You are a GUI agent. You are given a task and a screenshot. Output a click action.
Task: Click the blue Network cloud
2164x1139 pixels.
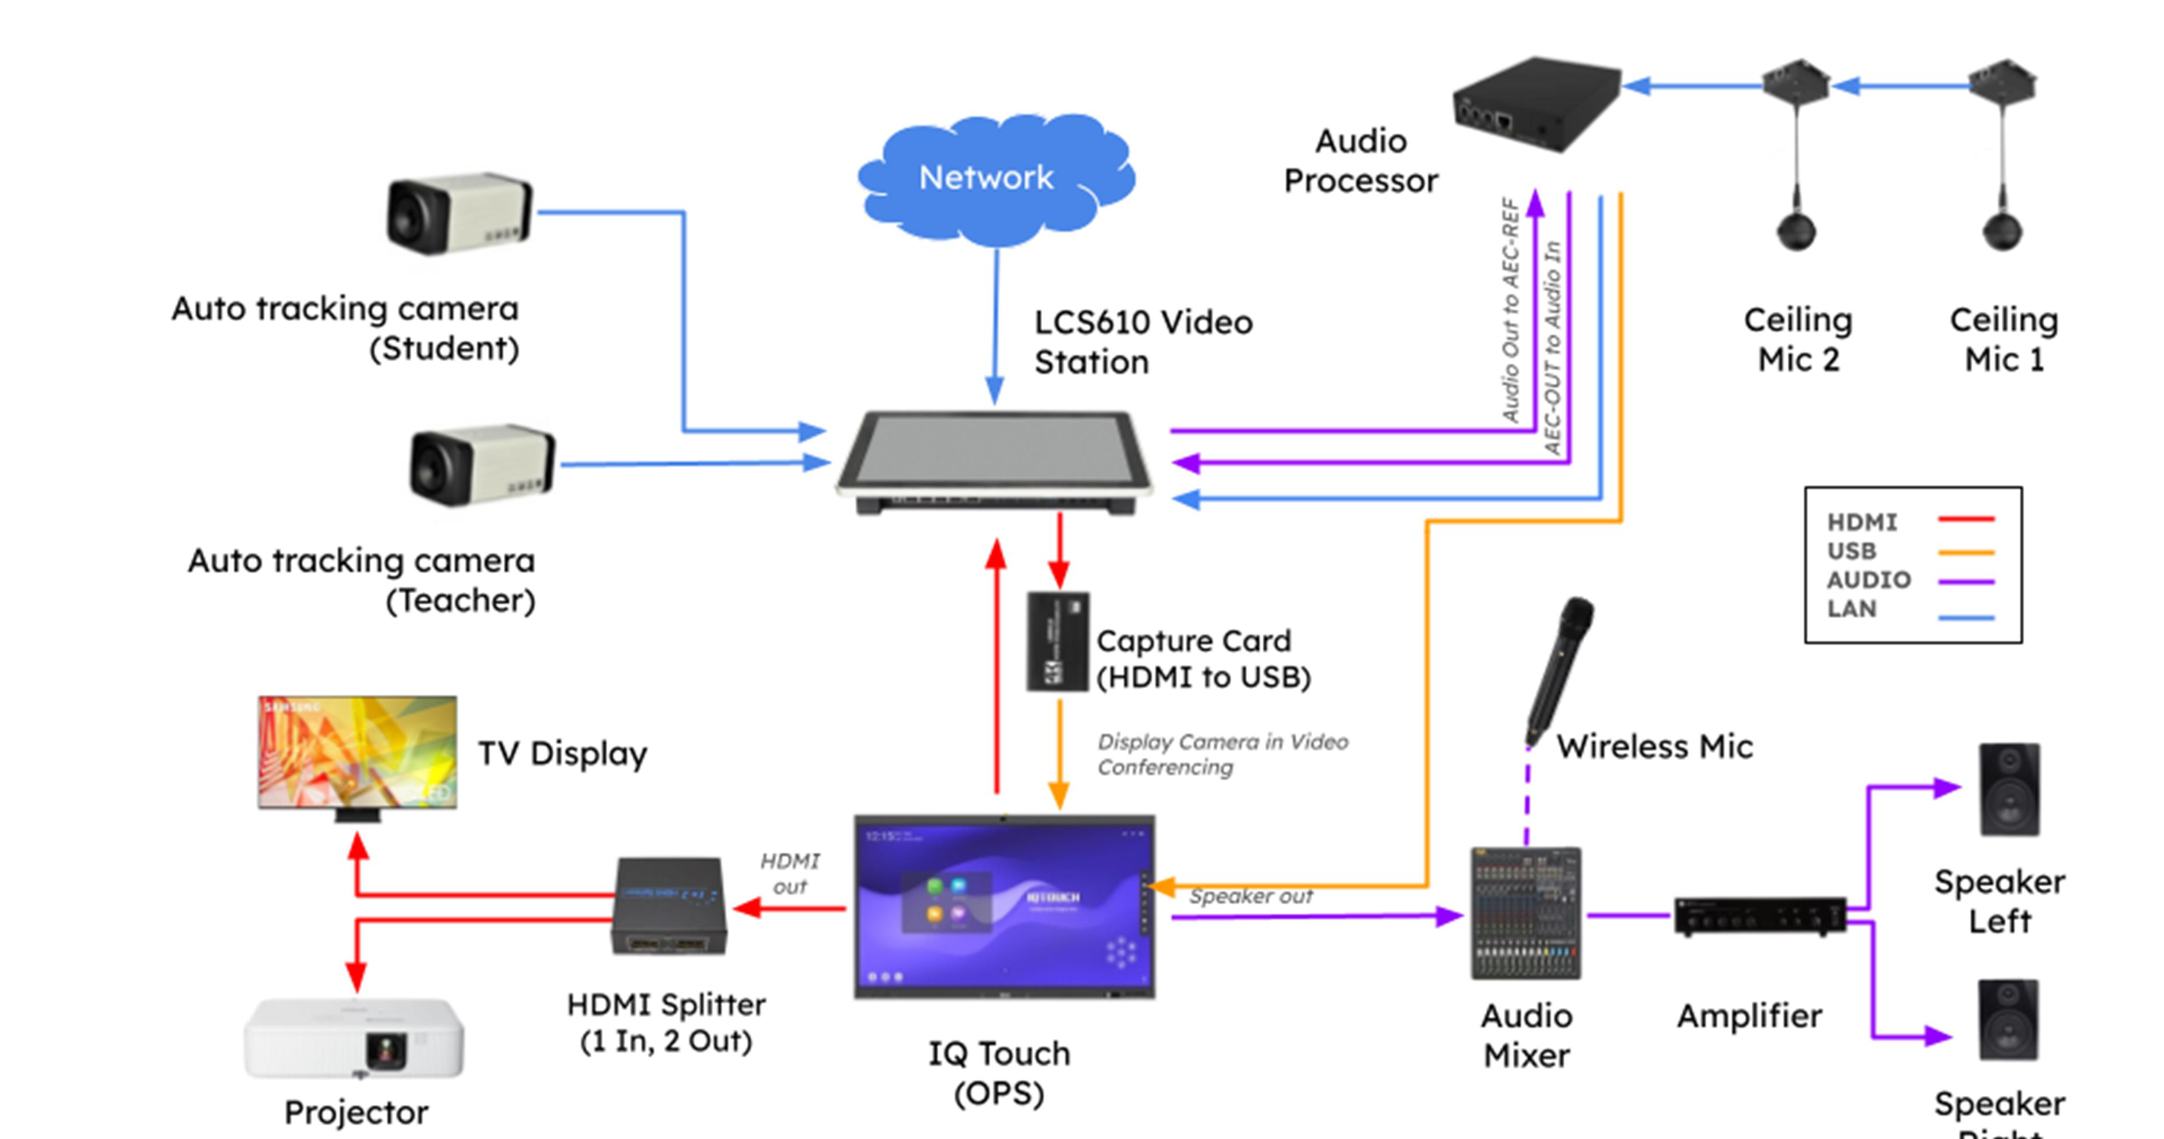pos(995,178)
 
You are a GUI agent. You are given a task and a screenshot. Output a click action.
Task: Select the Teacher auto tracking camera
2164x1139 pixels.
pos(482,465)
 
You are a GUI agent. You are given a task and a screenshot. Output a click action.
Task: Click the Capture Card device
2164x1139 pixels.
pos(1058,642)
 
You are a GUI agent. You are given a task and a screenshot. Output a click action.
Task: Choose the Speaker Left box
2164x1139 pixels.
pos(2009,789)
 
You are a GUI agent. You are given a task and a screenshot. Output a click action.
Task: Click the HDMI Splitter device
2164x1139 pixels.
pos(669,906)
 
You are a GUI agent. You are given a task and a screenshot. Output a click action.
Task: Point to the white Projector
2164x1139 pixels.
pos(354,1038)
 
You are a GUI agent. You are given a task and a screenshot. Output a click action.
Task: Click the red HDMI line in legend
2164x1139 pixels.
pos(1966,520)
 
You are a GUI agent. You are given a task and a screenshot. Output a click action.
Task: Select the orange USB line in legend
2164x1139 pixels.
pos(1966,552)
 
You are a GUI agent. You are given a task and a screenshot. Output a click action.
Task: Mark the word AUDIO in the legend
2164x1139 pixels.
pos(1868,580)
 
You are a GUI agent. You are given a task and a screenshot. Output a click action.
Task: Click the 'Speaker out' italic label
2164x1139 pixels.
pos(1251,896)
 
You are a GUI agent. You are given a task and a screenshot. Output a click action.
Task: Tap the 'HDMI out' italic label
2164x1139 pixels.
pos(790,873)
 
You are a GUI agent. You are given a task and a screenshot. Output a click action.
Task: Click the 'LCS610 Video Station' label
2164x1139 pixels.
pos(1143,342)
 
